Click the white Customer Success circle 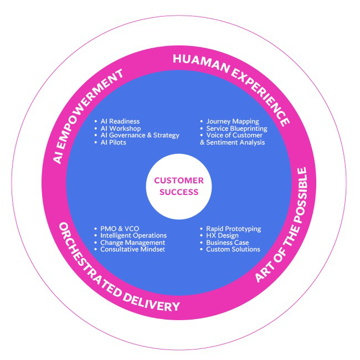click(179, 186)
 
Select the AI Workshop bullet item click(120, 128)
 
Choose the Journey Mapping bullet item click(232, 121)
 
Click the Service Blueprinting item click(236, 128)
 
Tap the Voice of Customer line click(234, 135)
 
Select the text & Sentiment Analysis click(233, 142)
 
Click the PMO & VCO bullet click(120, 229)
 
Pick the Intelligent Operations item click(133, 235)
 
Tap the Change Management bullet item click(132, 243)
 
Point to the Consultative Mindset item click(133, 249)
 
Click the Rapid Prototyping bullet click(233, 229)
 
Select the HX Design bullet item click(222, 235)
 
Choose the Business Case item click(227, 243)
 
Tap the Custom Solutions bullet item click(233, 249)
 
